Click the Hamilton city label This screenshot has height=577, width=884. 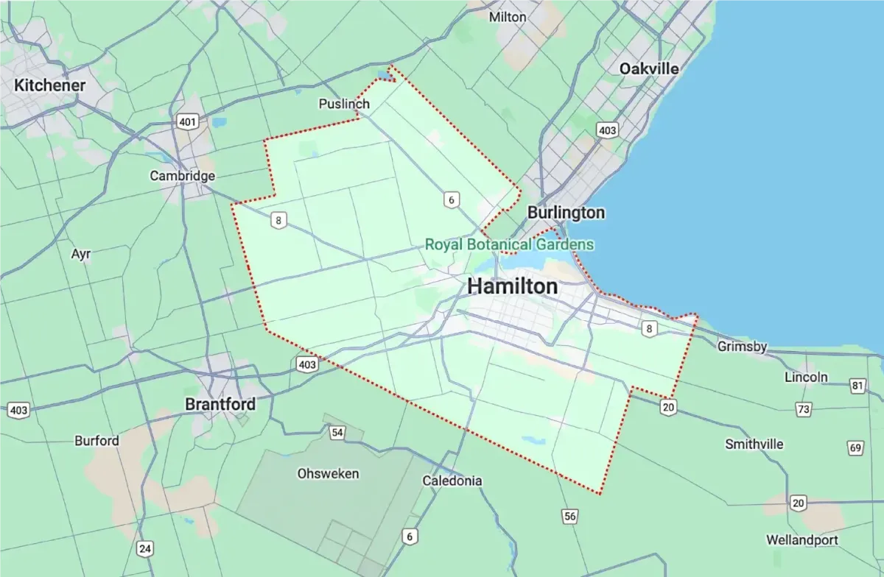(x=513, y=286)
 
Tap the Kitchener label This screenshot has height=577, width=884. (x=50, y=85)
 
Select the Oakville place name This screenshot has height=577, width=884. (x=648, y=68)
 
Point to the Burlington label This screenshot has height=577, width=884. (x=566, y=213)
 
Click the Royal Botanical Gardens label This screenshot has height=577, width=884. (x=510, y=244)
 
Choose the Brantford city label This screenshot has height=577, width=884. (x=220, y=404)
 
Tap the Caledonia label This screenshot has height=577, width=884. (x=452, y=481)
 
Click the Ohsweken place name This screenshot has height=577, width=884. (x=328, y=473)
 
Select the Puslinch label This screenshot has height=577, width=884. (x=344, y=104)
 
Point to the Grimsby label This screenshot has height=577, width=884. (x=742, y=347)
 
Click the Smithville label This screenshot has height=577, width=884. (x=754, y=445)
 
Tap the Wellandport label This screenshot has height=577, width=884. (x=802, y=540)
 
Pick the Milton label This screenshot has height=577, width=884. (x=508, y=16)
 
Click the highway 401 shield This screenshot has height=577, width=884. (x=187, y=121)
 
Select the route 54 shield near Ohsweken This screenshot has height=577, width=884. (x=337, y=433)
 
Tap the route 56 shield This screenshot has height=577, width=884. (x=569, y=517)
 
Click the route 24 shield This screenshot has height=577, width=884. (x=145, y=548)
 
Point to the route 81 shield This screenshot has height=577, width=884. (x=857, y=386)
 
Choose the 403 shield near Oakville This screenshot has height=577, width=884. (x=607, y=131)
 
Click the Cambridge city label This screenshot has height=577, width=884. (x=182, y=176)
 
